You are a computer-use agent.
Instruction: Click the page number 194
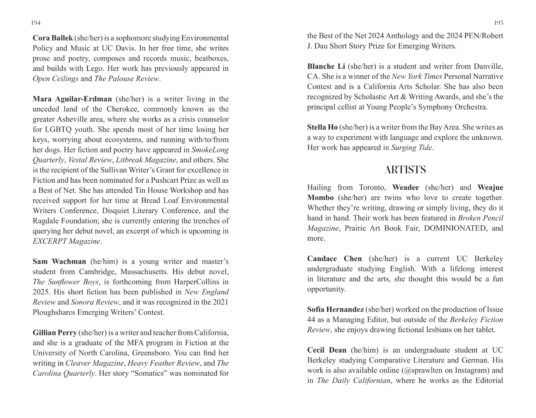[x=36, y=23]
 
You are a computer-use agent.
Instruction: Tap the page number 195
[x=499, y=23]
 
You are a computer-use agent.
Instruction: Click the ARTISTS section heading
[x=405, y=170]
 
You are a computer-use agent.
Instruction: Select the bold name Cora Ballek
[x=53, y=38]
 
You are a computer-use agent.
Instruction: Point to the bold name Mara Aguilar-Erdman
[x=72, y=99]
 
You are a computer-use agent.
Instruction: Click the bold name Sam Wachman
[x=59, y=262]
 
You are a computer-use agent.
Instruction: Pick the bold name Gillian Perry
[x=54, y=333]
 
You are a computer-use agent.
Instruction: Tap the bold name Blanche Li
[x=326, y=66]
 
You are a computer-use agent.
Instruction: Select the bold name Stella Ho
[x=322, y=127]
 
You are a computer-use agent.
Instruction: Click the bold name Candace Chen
[x=334, y=259]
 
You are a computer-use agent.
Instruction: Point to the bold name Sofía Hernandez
[x=335, y=309]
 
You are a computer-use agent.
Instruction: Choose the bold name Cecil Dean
[x=327, y=350]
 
